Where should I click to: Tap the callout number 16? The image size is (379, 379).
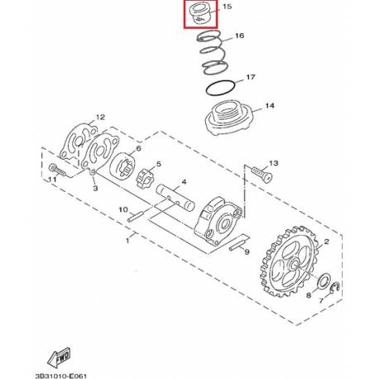tap(239, 37)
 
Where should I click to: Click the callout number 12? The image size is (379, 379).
tap(101, 118)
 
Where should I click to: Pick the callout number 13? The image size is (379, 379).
tap(275, 163)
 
